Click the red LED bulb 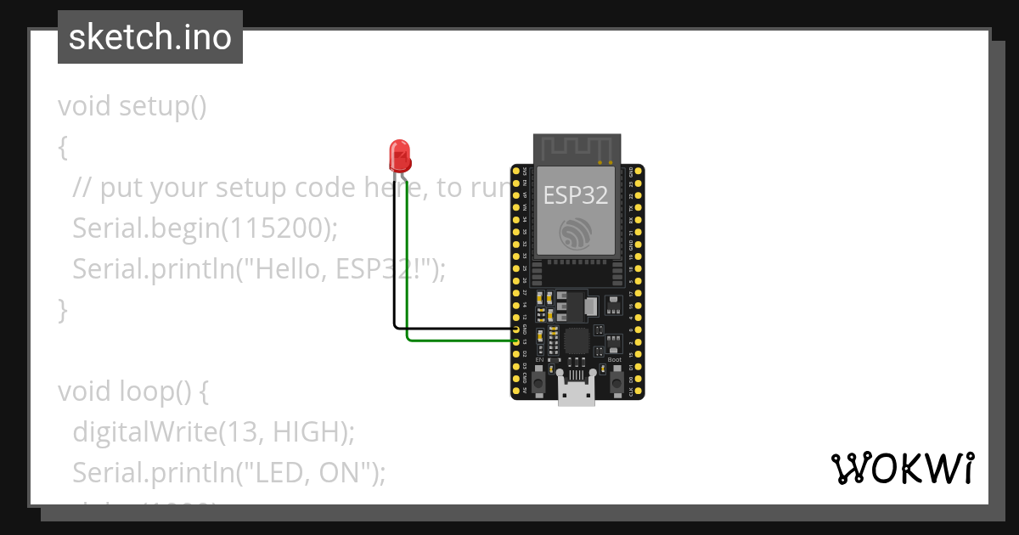click(x=399, y=155)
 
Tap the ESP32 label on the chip click(x=576, y=195)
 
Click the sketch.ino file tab click(x=150, y=37)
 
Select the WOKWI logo click(x=902, y=469)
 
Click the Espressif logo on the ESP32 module click(x=576, y=234)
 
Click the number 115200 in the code click(x=280, y=228)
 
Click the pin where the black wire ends click(x=516, y=329)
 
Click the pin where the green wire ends click(x=516, y=341)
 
